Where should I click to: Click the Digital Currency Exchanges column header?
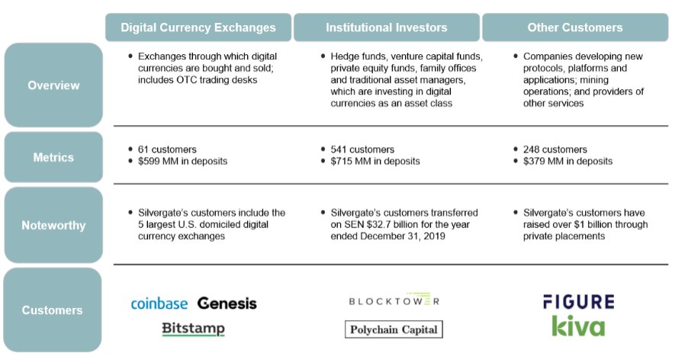[x=198, y=27]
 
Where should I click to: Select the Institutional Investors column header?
[x=387, y=27]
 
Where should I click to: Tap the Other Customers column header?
[x=575, y=27]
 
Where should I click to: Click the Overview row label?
[x=53, y=85]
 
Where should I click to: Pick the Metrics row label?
[x=53, y=157]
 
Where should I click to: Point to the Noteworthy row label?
[x=53, y=225]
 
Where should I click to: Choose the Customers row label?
[x=52, y=310]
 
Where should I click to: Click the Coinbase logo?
[x=159, y=304]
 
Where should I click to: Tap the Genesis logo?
[x=227, y=303]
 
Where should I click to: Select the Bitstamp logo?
[x=193, y=329]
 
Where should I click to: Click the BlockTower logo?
[x=394, y=300]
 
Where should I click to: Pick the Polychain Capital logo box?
[x=394, y=329]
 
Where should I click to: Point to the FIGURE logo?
[x=578, y=302]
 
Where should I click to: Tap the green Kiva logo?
[x=578, y=326]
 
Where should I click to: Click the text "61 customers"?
[x=167, y=149]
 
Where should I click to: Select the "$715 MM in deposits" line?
[x=375, y=162]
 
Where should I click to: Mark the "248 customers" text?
[x=555, y=149]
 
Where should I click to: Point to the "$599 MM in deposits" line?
[x=182, y=162]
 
